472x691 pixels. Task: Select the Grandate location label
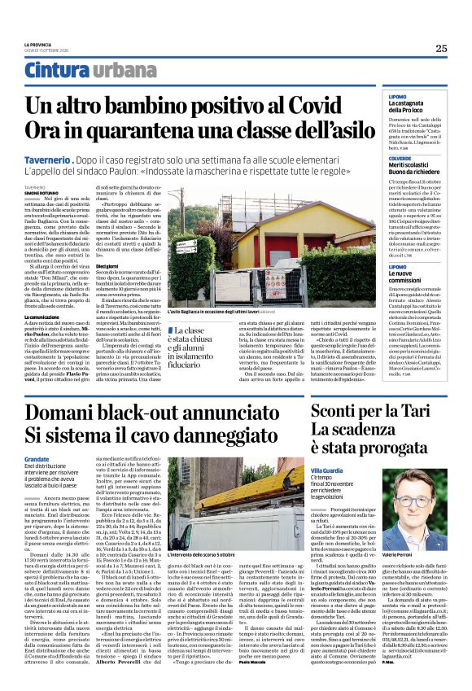pyautogui.click(x=37, y=460)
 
